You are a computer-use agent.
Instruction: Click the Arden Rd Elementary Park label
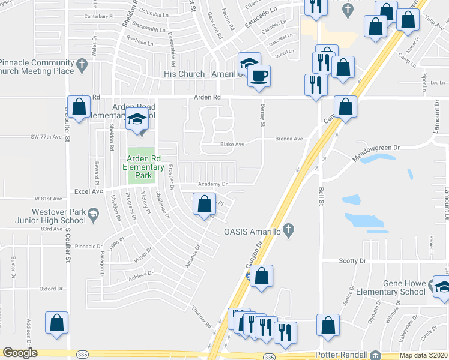click(x=143, y=167)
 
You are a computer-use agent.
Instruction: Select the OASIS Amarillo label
click(x=253, y=231)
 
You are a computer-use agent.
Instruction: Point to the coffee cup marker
click(x=259, y=76)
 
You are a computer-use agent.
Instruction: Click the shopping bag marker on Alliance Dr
click(x=204, y=204)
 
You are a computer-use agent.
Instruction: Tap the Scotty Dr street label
click(x=353, y=261)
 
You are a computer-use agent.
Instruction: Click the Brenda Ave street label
click(x=289, y=139)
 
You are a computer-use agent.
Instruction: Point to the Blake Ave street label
click(x=232, y=144)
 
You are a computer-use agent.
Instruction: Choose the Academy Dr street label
click(x=213, y=184)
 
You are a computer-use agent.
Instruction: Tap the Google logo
click(x=20, y=353)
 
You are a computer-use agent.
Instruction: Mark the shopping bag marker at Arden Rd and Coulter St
click(x=79, y=108)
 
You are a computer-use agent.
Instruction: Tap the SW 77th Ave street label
click(x=47, y=137)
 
